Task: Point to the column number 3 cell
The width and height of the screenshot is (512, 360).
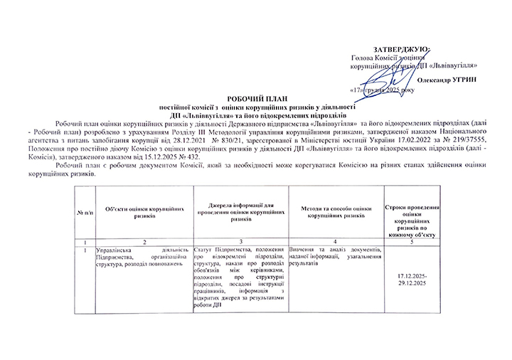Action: click(x=241, y=243)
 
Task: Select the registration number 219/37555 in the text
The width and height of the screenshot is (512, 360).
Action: click(x=471, y=139)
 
